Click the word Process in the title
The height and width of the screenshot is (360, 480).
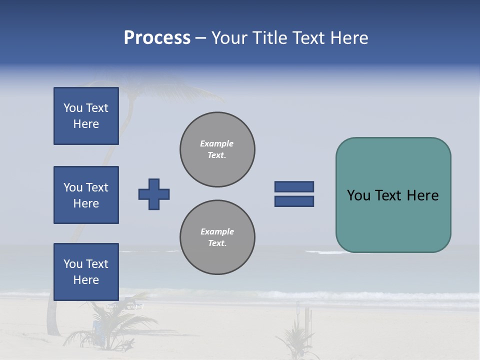pyautogui.click(x=157, y=38)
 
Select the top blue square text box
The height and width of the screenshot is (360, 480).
pyautogui.click(x=86, y=116)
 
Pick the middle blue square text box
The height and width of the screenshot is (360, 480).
pyautogui.click(x=86, y=195)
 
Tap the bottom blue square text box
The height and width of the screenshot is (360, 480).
pyautogui.click(x=86, y=272)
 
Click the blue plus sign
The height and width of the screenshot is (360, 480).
pyautogui.click(x=154, y=194)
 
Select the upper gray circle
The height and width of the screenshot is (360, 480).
pyautogui.click(x=217, y=149)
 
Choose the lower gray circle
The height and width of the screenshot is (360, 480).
pyautogui.click(x=217, y=237)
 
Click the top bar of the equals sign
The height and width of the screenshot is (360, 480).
pyautogui.click(x=294, y=186)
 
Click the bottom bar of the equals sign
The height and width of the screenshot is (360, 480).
pyautogui.click(x=294, y=201)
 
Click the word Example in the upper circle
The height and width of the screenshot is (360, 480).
pyautogui.click(x=217, y=143)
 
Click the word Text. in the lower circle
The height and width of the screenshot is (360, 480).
pyautogui.click(x=217, y=243)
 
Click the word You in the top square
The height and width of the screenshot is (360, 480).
pyautogui.click(x=73, y=108)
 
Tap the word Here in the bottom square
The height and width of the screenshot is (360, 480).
pyautogui.click(x=86, y=280)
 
